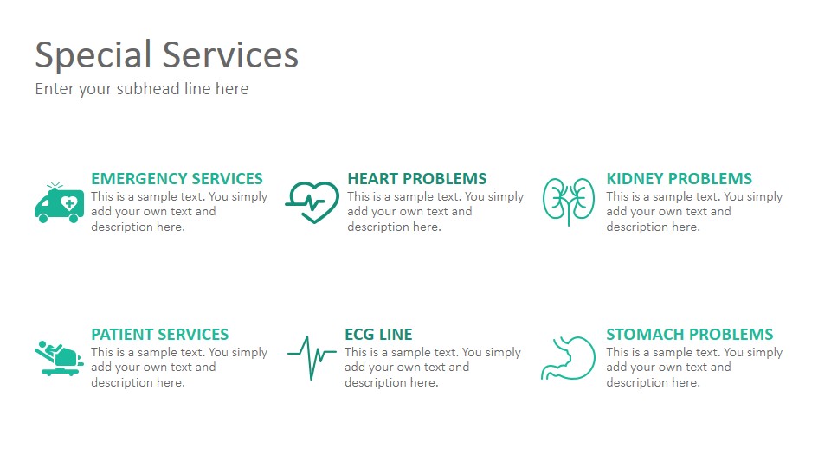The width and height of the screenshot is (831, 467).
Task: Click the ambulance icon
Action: [59, 202]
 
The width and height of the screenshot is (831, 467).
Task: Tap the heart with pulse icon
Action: [312, 202]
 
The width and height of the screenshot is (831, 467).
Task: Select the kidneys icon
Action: [568, 202]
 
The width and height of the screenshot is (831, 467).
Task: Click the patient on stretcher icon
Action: [59, 358]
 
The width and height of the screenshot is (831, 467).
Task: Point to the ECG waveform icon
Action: [312, 357]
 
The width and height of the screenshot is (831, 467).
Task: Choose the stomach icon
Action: [568, 358]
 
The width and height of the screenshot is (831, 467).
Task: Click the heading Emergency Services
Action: [177, 179]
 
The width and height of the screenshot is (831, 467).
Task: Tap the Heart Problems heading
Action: [417, 179]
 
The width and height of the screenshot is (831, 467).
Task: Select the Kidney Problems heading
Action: [679, 179]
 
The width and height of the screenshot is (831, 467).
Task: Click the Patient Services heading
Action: [160, 335]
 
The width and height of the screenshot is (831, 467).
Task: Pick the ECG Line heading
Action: [378, 335]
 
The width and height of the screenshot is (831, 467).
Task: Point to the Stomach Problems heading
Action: [690, 335]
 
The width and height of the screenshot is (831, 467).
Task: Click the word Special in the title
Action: [93, 55]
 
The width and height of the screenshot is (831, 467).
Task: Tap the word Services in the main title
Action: [230, 54]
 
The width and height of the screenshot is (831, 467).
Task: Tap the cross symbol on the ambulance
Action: [69, 203]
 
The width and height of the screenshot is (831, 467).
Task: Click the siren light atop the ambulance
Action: [54, 187]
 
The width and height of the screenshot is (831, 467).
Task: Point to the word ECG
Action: [359, 335]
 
